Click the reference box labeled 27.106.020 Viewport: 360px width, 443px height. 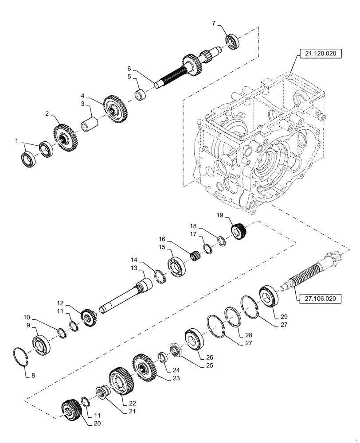[320, 299]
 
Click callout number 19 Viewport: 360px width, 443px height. [219, 215]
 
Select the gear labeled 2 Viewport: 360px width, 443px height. [66, 136]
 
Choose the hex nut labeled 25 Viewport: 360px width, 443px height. [173, 350]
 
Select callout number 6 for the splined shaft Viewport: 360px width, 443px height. [129, 69]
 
